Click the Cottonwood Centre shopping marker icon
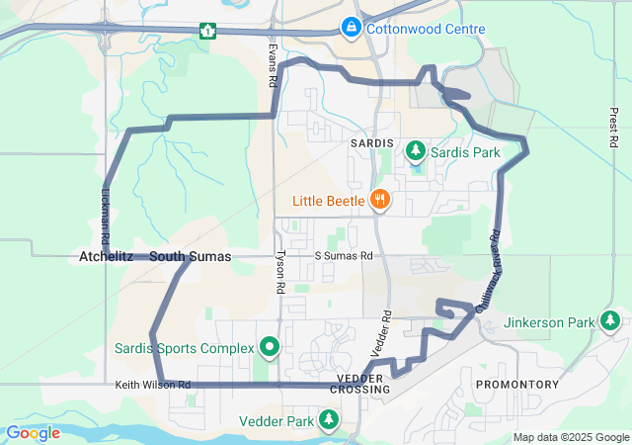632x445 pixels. (x=351, y=27)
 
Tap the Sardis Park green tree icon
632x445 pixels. (x=416, y=151)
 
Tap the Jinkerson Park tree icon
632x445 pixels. (x=612, y=321)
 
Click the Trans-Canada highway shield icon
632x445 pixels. (x=207, y=30)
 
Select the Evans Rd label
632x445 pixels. (x=272, y=66)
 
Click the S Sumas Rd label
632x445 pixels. (x=344, y=256)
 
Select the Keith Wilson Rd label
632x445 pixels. (x=152, y=385)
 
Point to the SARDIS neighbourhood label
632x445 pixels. (x=372, y=143)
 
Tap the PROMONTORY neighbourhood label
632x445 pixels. (x=517, y=384)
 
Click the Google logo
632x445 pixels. (x=33, y=432)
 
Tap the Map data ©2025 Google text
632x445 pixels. (x=571, y=437)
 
